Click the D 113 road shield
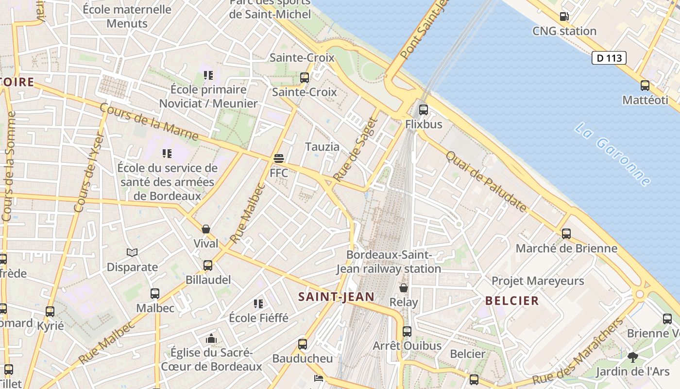(609, 58)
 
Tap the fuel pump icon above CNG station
(564, 17)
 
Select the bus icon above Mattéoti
(645, 86)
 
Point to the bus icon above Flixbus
(424, 109)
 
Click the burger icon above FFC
(279, 159)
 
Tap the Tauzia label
(323, 146)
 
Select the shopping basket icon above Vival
(206, 229)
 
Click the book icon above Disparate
(132, 252)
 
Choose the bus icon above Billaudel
(208, 265)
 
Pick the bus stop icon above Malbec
(155, 294)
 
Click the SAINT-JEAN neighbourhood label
(336, 297)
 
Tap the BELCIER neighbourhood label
(512, 301)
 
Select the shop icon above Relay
(403, 288)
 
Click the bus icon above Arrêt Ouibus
(407, 332)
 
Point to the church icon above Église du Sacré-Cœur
(211, 338)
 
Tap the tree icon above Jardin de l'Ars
(632, 357)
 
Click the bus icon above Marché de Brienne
(566, 234)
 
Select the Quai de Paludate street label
(486, 182)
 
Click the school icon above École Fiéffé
(258, 304)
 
